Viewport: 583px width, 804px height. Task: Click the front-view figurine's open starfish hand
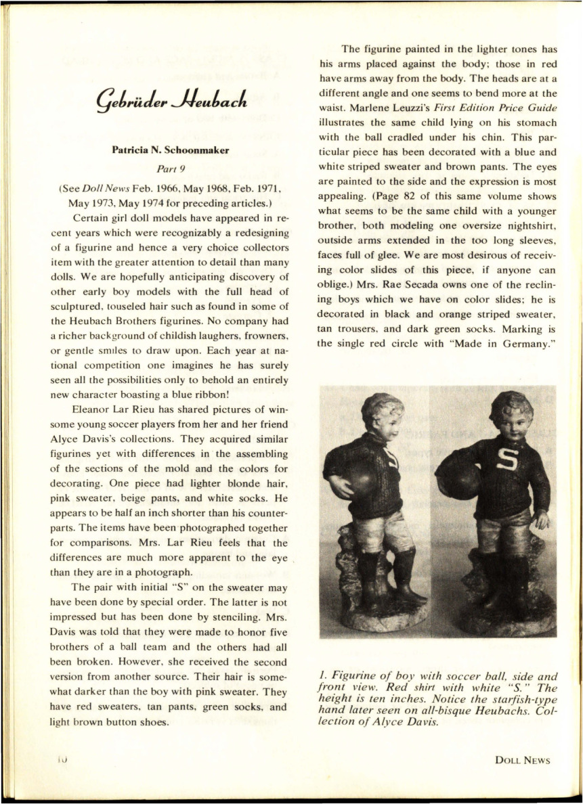coord(540,520)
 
